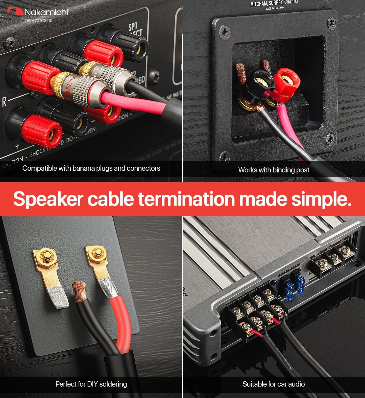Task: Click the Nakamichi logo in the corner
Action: click(x=38, y=12)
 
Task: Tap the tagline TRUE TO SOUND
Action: click(x=38, y=20)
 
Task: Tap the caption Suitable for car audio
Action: click(x=274, y=384)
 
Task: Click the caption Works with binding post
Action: click(x=274, y=170)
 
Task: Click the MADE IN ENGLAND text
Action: click(x=275, y=8)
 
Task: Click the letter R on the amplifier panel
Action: click(x=4, y=102)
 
